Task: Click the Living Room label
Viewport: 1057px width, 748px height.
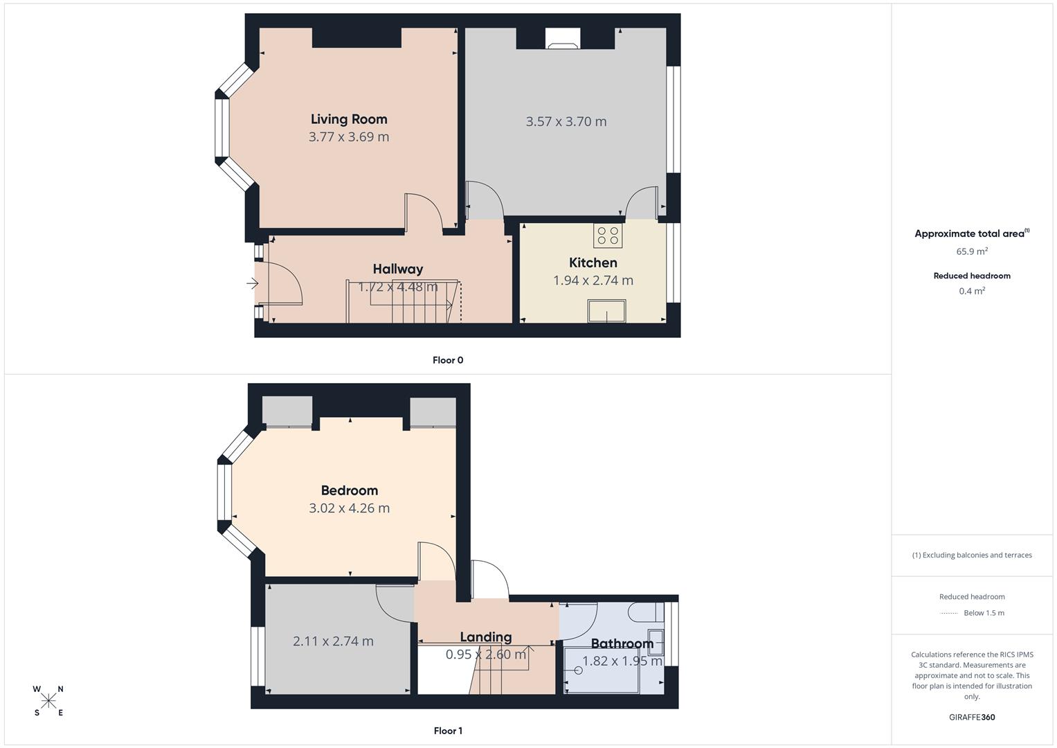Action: coord(349,119)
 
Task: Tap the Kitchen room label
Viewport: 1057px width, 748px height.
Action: coord(593,262)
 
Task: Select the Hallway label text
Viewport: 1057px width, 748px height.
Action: coord(397,269)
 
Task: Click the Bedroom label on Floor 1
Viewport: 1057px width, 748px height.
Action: coord(350,490)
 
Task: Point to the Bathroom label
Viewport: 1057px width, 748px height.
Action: coord(622,643)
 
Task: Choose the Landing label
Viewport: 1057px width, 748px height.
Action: coord(486,636)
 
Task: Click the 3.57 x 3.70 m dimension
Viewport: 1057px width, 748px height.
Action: coord(566,121)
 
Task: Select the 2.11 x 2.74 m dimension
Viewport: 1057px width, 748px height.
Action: coord(333,641)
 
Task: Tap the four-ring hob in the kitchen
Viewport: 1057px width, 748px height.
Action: coord(608,235)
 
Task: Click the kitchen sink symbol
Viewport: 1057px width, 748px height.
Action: coord(607,311)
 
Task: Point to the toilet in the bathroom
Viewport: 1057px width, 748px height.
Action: coord(644,612)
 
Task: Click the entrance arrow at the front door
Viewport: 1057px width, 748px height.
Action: coord(252,283)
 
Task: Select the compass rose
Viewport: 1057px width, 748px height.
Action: coord(48,701)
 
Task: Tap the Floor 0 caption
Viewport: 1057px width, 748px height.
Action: coord(448,360)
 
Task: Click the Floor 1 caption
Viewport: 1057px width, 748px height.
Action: coord(448,731)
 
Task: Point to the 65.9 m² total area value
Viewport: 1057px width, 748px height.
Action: coord(972,251)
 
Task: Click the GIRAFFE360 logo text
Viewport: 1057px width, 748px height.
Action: coord(972,717)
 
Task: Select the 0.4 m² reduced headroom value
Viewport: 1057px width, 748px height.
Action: coord(972,291)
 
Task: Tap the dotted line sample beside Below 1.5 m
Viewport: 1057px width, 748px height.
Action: coord(949,613)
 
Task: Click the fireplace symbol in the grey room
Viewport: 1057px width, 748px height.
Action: coord(563,39)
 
